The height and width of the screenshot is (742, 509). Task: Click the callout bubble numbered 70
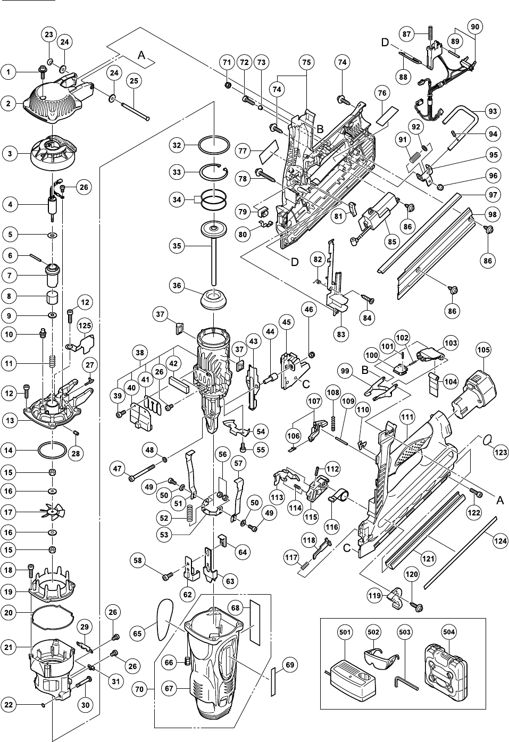(139, 688)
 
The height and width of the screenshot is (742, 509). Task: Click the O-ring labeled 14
(53, 451)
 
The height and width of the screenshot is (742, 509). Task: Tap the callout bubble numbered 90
(475, 26)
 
